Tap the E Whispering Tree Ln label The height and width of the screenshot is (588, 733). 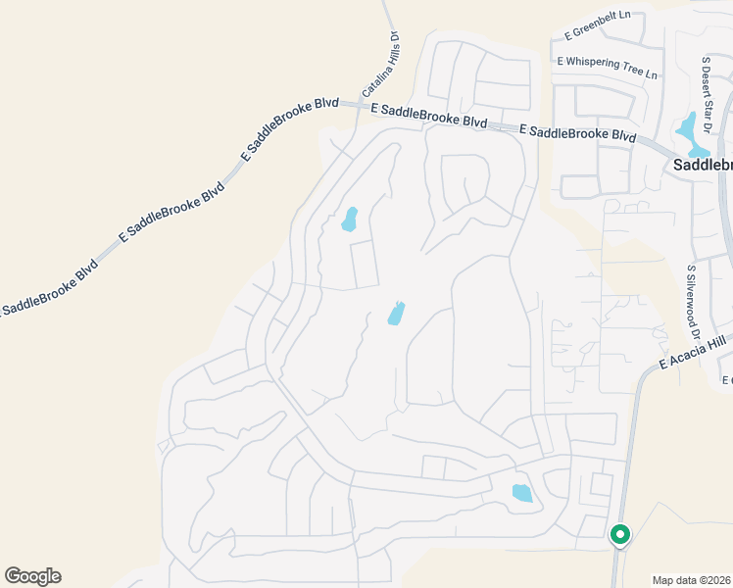click(607, 65)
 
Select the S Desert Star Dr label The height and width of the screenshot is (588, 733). click(707, 82)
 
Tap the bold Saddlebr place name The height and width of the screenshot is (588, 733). click(702, 166)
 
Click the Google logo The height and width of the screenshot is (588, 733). click(32, 576)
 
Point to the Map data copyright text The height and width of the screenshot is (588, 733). click(692, 580)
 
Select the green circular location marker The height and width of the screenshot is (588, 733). click(619, 535)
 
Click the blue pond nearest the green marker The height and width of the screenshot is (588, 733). click(522, 493)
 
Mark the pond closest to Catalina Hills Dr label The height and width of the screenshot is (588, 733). click(349, 220)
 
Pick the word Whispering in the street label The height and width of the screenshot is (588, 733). click(606, 64)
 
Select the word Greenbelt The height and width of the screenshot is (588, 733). click(600, 24)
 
